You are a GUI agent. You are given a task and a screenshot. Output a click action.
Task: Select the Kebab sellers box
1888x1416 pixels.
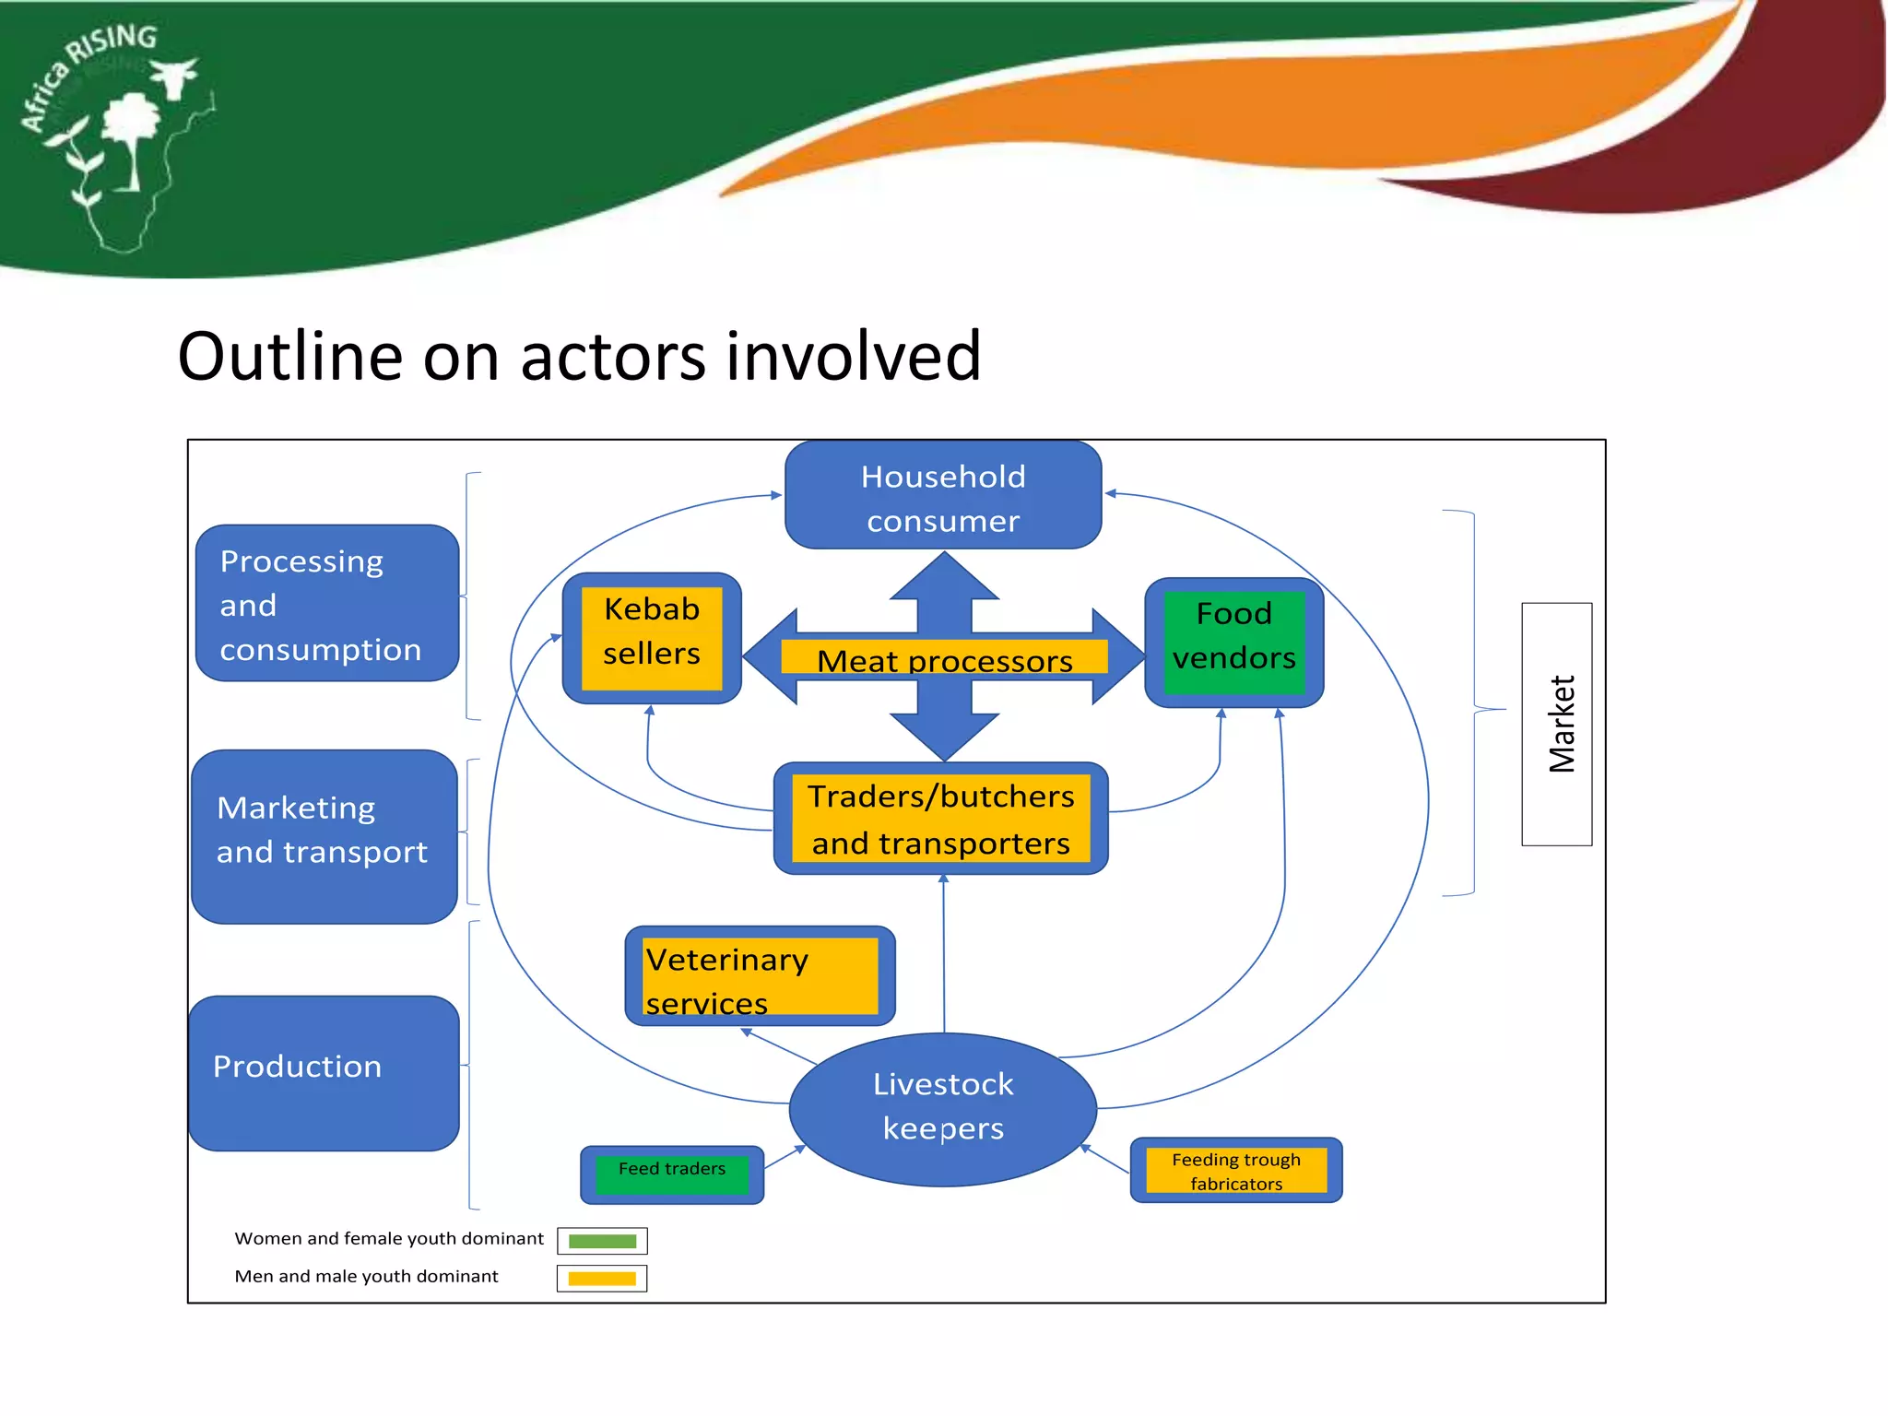click(652, 636)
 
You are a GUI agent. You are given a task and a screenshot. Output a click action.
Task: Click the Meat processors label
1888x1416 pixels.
click(944, 659)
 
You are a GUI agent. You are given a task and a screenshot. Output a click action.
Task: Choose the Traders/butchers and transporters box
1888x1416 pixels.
click(941, 819)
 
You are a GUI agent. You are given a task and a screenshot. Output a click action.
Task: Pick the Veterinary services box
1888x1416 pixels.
click(760, 976)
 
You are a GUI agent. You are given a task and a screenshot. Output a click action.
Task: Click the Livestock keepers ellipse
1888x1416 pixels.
click(943, 1107)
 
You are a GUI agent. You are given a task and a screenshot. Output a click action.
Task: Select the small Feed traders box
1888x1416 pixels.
click(672, 1174)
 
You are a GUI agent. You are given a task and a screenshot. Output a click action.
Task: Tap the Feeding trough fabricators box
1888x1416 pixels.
click(1235, 1170)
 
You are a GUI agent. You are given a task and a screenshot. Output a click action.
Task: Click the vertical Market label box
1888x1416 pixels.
click(1556, 724)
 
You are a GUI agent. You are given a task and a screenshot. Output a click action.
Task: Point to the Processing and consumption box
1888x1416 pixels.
click(327, 604)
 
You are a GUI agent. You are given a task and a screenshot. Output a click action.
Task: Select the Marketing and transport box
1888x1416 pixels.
click(324, 835)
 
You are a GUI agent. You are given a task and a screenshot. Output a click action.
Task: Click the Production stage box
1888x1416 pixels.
click(324, 1072)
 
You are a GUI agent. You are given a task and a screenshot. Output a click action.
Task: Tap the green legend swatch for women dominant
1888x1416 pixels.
click(602, 1241)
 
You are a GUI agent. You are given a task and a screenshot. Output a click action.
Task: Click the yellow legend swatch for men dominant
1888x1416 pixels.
click(602, 1278)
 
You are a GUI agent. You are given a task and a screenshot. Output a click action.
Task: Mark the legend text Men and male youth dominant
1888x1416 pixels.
click(366, 1276)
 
